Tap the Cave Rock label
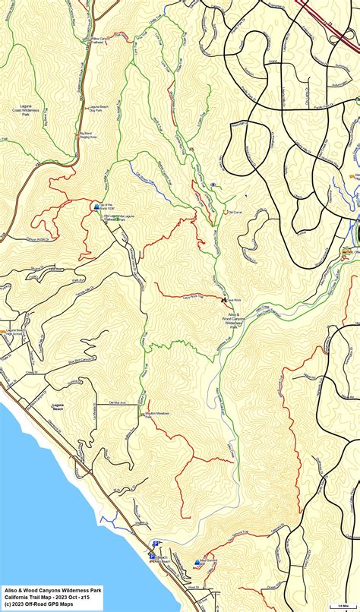(x=232, y=301)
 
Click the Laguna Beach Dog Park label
(x=100, y=109)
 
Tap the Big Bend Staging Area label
(x=88, y=136)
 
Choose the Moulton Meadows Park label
(x=157, y=414)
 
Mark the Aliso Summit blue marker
(x=197, y=563)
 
